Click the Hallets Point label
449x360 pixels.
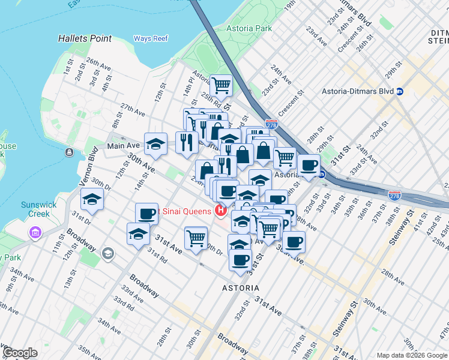[x=85, y=38]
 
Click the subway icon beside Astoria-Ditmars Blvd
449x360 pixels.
[x=400, y=92]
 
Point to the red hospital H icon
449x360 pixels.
[x=220, y=211]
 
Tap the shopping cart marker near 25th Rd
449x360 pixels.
[x=221, y=86]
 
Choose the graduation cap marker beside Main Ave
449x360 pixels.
[x=155, y=143]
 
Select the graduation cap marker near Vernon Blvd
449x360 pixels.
[x=92, y=199]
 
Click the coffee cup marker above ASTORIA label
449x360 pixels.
[x=240, y=260]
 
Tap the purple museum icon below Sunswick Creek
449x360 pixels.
[x=35, y=232]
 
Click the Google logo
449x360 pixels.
[x=20, y=353]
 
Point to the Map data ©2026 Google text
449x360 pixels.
[x=412, y=355]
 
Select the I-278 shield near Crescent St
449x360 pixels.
[x=271, y=124]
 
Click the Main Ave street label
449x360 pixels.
[x=123, y=146]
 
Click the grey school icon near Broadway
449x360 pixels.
[x=108, y=253]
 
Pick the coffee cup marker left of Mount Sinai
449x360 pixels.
[x=146, y=213]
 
